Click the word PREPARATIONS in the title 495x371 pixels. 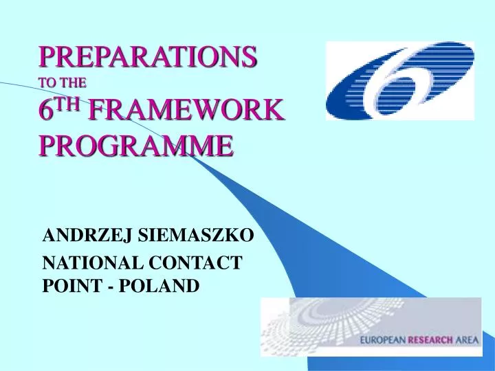pos(148,55)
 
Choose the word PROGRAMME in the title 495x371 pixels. pos(135,145)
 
